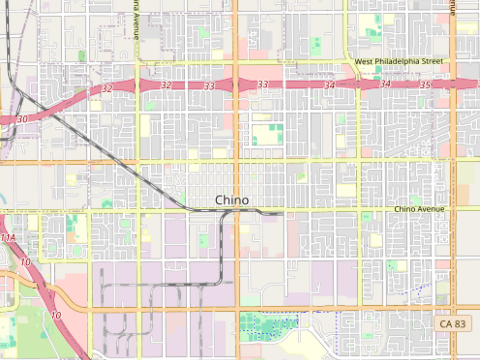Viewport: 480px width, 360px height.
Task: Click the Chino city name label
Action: coord(232,200)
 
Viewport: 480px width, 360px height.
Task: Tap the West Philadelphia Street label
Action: coord(399,61)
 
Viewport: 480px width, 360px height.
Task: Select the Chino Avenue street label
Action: coord(419,209)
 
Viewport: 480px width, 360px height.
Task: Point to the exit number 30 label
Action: coord(22,119)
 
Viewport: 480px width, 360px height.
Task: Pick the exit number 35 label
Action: coord(425,85)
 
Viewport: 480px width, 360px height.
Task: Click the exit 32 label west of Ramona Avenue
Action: coord(107,89)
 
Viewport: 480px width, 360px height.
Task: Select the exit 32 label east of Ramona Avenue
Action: coord(166,85)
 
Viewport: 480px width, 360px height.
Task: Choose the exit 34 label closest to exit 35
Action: coord(385,84)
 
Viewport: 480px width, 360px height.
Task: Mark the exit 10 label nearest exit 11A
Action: coord(26,262)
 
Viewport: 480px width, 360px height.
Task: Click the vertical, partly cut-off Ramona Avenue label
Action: coord(136,20)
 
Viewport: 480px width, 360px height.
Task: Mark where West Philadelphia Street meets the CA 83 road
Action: coord(453,62)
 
